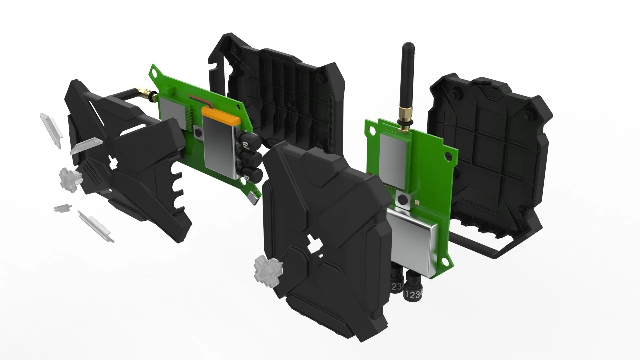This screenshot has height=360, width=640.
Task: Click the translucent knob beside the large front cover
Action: [268, 269]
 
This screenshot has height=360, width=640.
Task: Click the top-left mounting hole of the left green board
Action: [154, 71]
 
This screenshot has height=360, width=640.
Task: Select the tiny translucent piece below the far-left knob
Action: [63, 208]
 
